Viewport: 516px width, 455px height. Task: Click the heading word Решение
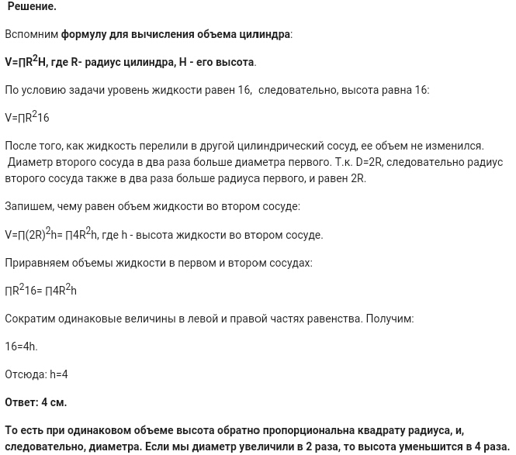[x=32, y=6]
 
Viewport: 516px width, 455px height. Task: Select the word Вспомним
[x=31, y=34]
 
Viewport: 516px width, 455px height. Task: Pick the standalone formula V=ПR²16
[x=27, y=118]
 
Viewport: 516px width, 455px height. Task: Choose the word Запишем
[x=29, y=206]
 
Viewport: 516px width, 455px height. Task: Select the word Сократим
[x=30, y=319]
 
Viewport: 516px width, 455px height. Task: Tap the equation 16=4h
[x=21, y=346]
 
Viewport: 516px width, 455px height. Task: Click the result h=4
[x=59, y=374]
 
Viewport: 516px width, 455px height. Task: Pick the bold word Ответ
[x=21, y=402]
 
